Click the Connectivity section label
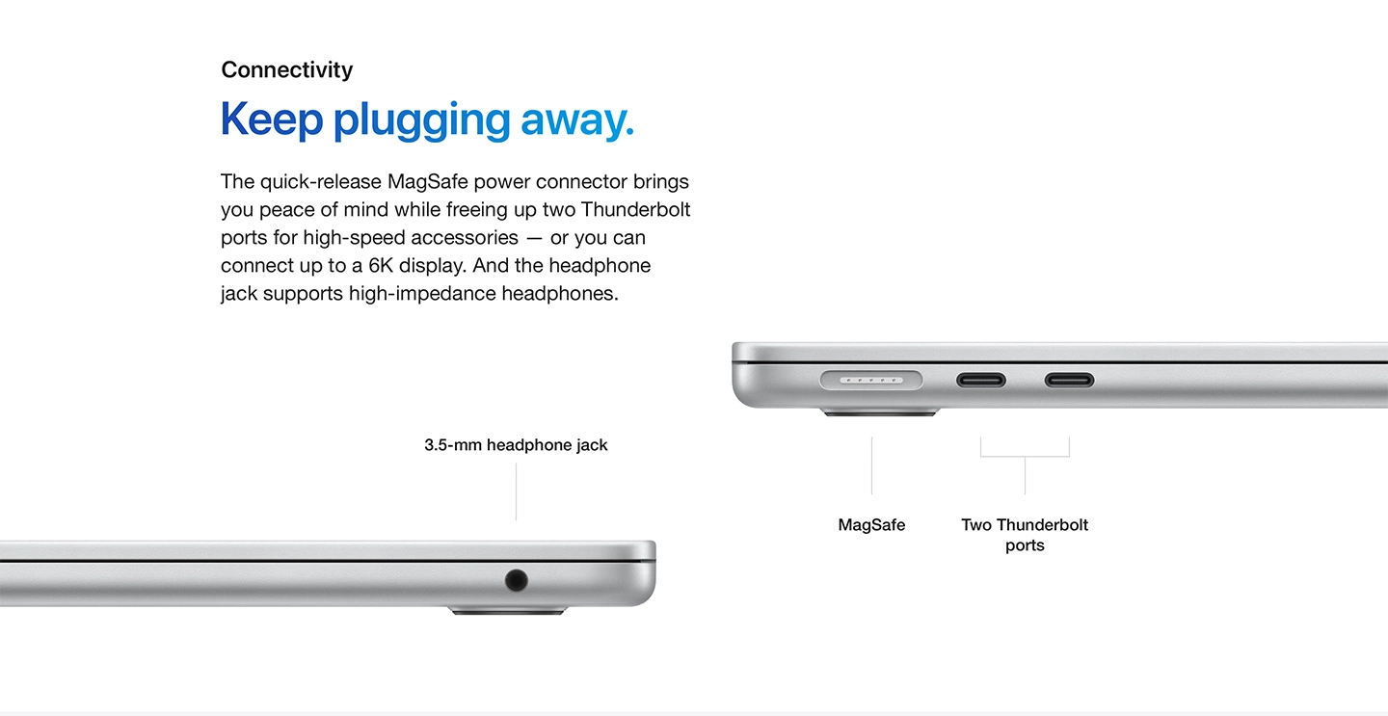[x=287, y=70]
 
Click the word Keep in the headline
[x=272, y=119]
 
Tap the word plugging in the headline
[x=422, y=120]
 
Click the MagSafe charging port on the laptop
[x=871, y=380]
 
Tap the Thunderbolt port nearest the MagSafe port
[x=981, y=380]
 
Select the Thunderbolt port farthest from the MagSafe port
[x=1070, y=380]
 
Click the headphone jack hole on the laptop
[x=517, y=580]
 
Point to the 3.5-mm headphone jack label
[x=516, y=444]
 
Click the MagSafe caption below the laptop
[x=871, y=524]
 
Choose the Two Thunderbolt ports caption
[x=1025, y=535]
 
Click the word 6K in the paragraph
[x=381, y=266]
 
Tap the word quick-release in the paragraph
[x=321, y=181]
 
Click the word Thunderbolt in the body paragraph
[x=635, y=209]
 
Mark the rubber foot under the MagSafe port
[x=880, y=411]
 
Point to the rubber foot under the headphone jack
[x=508, y=611]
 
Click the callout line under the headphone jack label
[x=517, y=492]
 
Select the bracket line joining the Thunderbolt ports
[x=1025, y=457]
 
